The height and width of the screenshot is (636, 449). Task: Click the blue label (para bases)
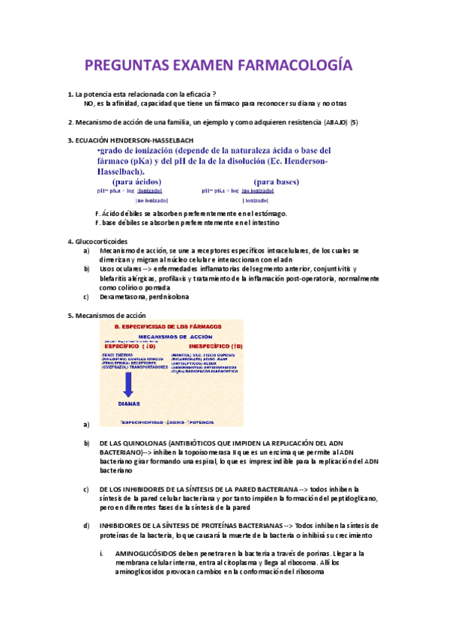277,181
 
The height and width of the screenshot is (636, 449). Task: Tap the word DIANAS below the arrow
129,402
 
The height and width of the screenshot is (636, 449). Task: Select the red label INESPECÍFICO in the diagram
196,346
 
